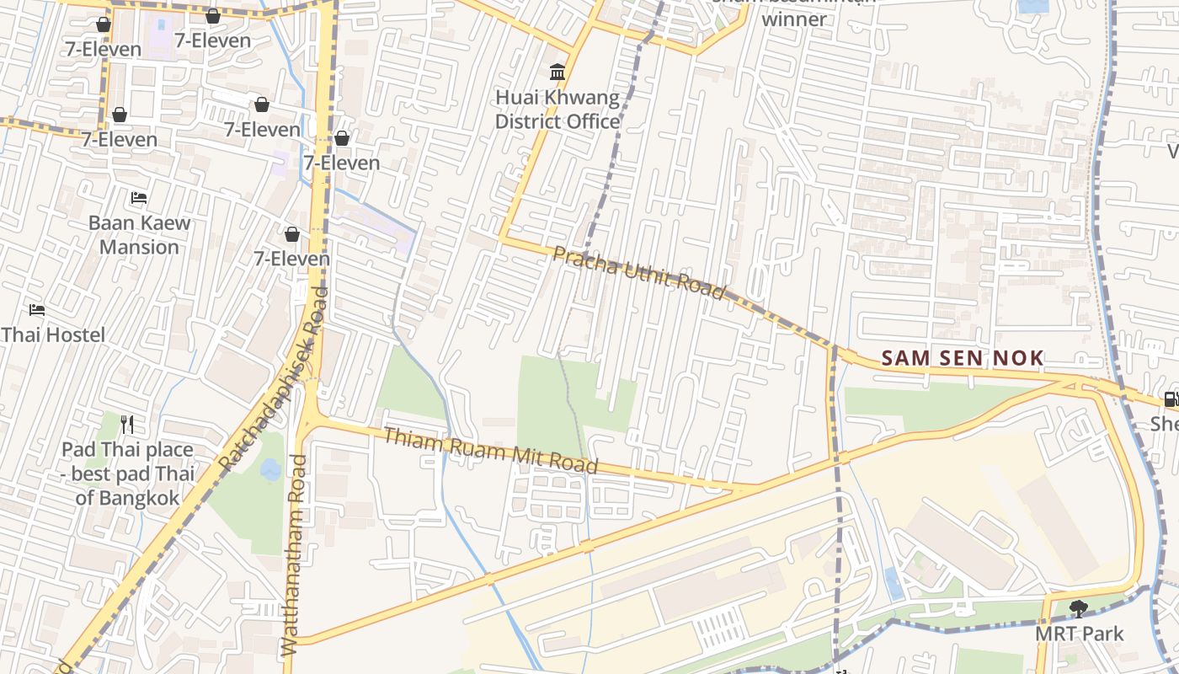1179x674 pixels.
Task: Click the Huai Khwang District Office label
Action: coord(557,110)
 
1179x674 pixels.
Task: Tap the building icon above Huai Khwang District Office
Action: coord(557,72)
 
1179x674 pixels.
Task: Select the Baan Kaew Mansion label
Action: coord(140,235)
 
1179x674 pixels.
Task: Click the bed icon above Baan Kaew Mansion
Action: coord(140,199)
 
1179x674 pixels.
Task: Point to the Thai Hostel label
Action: coord(53,335)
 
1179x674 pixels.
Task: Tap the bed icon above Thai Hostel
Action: coord(36,310)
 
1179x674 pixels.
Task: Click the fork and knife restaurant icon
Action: coord(127,424)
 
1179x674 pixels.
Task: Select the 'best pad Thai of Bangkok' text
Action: coord(127,486)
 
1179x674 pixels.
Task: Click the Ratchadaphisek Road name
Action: coord(273,377)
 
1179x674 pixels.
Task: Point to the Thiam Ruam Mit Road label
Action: coord(491,451)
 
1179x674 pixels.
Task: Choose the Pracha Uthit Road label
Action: coord(639,273)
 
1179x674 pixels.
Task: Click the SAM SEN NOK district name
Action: coord(962,358)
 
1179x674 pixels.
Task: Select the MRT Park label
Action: coord(1079,634)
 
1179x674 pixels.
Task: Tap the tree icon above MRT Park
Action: coord(1078,607)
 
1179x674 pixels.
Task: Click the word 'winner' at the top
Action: coord(794,18)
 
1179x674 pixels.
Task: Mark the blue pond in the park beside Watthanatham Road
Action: coord(270,469)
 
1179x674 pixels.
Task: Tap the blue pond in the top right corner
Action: coord(1033,6)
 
